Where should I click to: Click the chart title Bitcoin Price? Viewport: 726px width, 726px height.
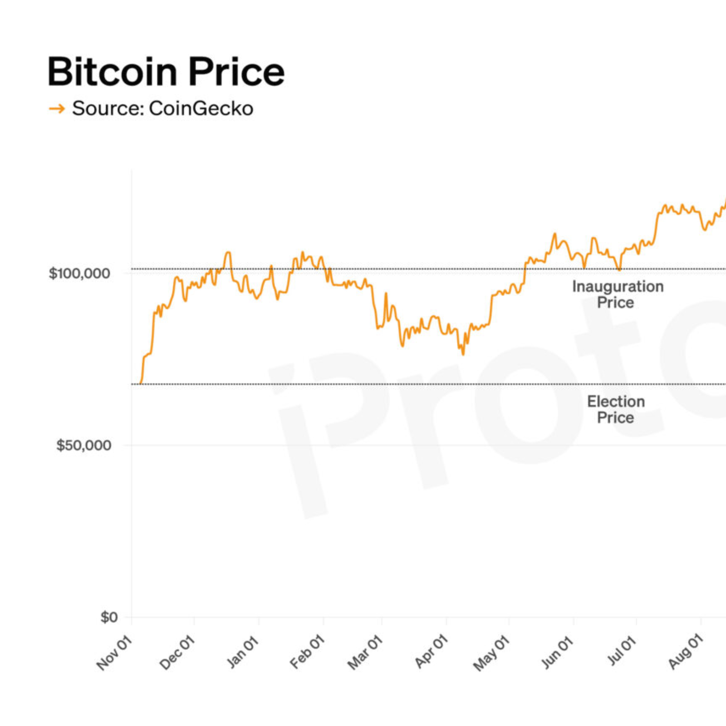coord(166,72)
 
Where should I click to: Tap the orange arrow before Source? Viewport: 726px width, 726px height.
coord(57,108)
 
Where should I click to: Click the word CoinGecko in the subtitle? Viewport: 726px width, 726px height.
coord(201,108)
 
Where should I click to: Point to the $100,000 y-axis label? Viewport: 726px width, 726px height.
coord(79,273)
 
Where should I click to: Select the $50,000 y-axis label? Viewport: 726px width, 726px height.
coord(83,445)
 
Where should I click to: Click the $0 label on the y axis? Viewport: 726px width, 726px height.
coord(109,617)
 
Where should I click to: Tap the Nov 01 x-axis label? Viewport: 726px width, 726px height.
coord(114,653)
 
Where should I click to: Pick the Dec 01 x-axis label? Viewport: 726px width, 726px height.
coord(177,653)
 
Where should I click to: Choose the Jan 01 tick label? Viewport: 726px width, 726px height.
coord(243,653)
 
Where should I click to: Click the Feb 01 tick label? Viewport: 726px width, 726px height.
coord(307,653)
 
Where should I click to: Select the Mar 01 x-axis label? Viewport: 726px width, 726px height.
coord(365,653)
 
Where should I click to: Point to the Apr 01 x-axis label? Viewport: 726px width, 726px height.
coord(431,653)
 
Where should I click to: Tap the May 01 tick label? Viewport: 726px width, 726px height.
coord(491,653)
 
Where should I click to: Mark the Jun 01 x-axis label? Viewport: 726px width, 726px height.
coord(557,653)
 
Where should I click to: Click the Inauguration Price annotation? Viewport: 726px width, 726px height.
coord(617,294)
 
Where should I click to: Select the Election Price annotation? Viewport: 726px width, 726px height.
coord(616,409)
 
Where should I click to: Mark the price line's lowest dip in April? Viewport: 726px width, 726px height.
coord(463,354)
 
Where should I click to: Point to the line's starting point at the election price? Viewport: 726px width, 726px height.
coord(141,383)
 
